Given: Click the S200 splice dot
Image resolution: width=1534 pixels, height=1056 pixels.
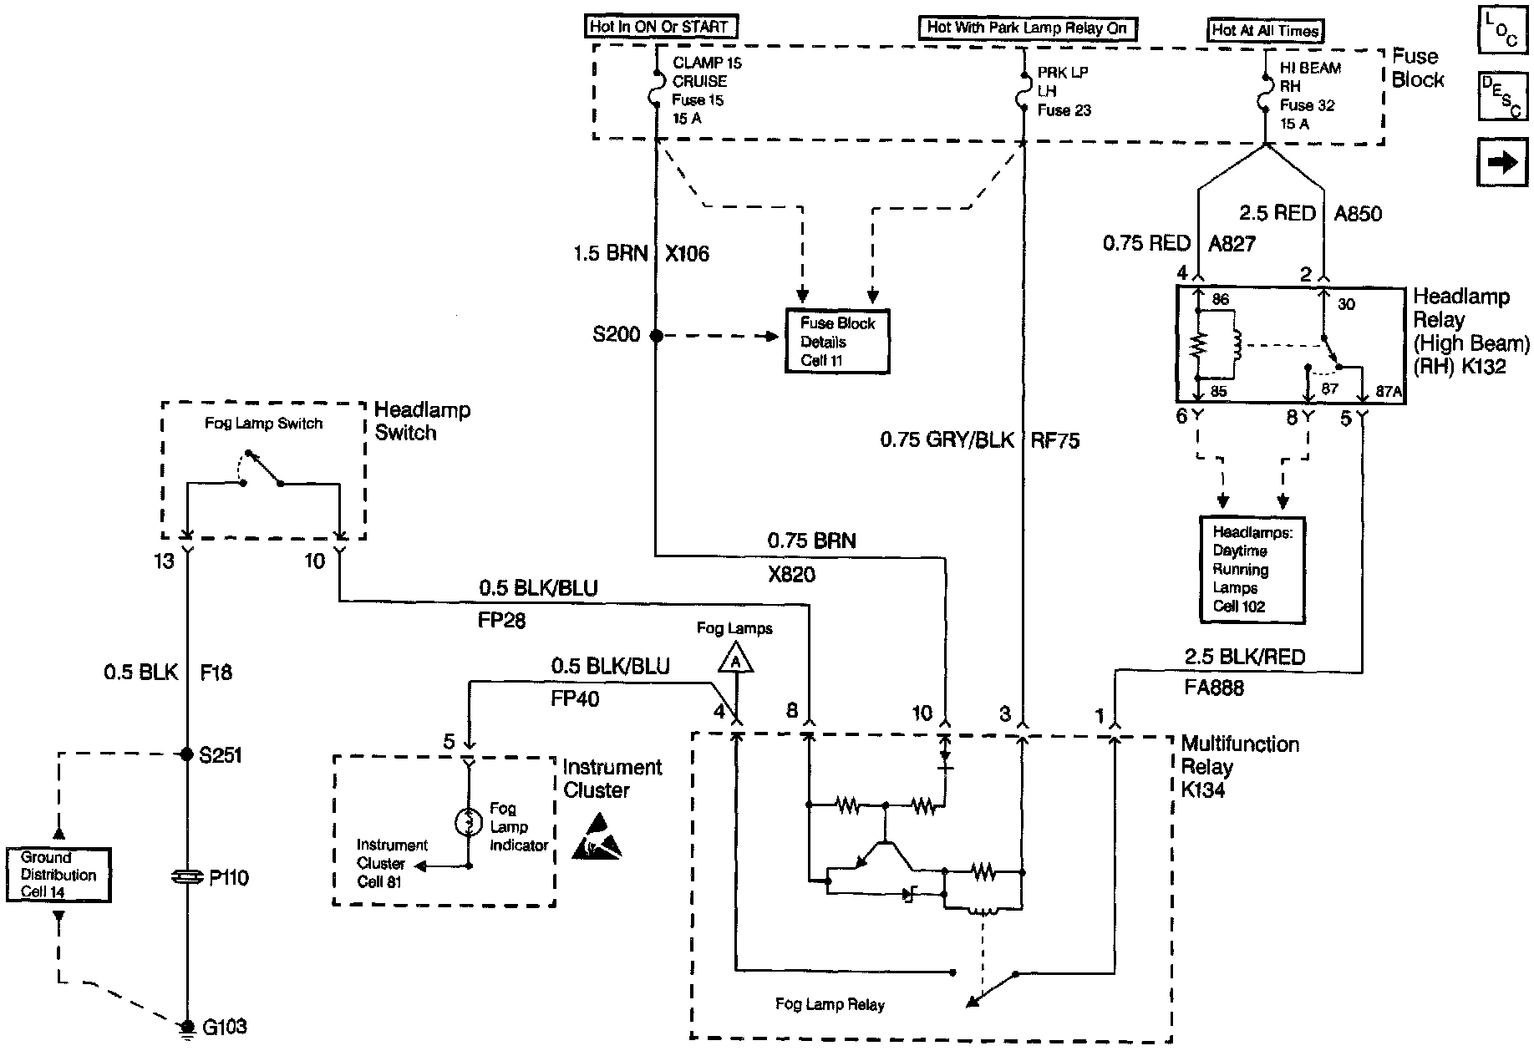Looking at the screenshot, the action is coord(656,336).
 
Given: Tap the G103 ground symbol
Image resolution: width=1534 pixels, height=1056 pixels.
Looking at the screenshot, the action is coord(186,1028).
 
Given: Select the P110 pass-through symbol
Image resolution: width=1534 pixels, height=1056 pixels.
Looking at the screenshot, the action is coord(186,877).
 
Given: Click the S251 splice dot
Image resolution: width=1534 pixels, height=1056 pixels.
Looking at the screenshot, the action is coord(186,754).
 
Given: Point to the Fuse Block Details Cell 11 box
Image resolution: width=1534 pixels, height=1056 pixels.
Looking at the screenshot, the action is coord(837,341).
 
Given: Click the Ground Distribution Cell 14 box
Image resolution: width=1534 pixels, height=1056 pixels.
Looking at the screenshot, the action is coord(58,875).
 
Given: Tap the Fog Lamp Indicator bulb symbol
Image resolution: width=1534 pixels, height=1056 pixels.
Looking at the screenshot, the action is coord(469,823).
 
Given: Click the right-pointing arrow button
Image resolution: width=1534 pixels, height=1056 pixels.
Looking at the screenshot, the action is coord(1502,162).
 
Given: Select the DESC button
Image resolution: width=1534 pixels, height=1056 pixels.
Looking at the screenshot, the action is coord(1502,97).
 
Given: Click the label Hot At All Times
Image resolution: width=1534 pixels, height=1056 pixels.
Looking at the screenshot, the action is coord(1266,31).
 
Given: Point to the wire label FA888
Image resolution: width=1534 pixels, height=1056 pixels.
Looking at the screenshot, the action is coord(1214,688).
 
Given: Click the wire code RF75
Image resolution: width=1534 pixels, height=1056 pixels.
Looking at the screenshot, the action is coord(1055,440).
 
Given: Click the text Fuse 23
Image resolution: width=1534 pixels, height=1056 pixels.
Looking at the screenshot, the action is coord(1064,110).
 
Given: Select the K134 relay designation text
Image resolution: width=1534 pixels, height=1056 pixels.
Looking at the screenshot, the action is coord(1203,790).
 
